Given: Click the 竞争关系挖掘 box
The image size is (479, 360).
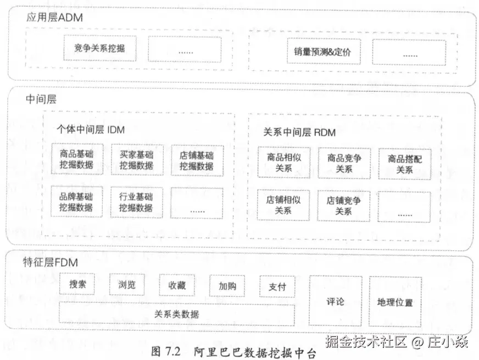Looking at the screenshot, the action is [99, 48].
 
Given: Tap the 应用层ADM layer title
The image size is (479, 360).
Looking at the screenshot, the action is [54, 18].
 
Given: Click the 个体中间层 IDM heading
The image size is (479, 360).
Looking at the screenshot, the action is [91, 130].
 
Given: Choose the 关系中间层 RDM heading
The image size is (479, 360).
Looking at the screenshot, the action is [299, 132].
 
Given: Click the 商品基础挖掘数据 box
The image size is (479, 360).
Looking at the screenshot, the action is [77, 159].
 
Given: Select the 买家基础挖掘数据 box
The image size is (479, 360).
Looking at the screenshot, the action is [137, 159].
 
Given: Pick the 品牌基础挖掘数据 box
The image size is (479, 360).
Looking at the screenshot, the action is [77, 201].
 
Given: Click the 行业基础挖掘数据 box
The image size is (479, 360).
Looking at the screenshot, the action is [137, 201].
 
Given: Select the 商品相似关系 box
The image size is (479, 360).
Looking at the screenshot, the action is [283, 162].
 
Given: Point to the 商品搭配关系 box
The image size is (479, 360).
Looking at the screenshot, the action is [404, 164].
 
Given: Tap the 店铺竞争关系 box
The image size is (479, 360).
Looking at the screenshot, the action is [344, 205].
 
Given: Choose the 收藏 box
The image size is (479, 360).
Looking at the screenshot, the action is [177, 285].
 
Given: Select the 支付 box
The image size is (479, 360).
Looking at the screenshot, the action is [277, 286].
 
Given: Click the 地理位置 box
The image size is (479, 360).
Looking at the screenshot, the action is [395, 302].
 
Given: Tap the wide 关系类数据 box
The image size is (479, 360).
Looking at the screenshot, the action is [177, 314].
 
